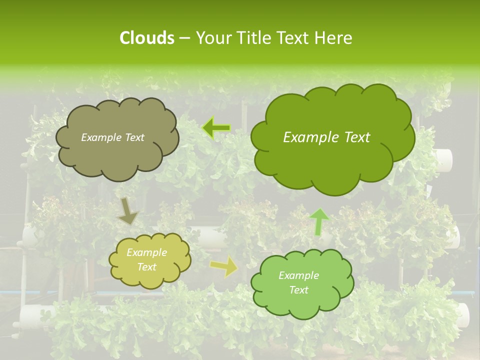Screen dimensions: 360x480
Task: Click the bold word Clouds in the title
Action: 146,38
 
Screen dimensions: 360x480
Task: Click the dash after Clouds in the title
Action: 184,38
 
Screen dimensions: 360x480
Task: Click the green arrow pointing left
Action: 216,128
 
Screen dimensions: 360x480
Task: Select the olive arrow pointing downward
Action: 128,211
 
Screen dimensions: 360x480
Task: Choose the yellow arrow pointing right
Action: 224,267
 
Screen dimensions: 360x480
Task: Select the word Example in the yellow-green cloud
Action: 146,252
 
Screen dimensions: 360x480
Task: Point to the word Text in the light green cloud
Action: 298,290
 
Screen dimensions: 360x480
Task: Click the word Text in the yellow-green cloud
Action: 146,267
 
